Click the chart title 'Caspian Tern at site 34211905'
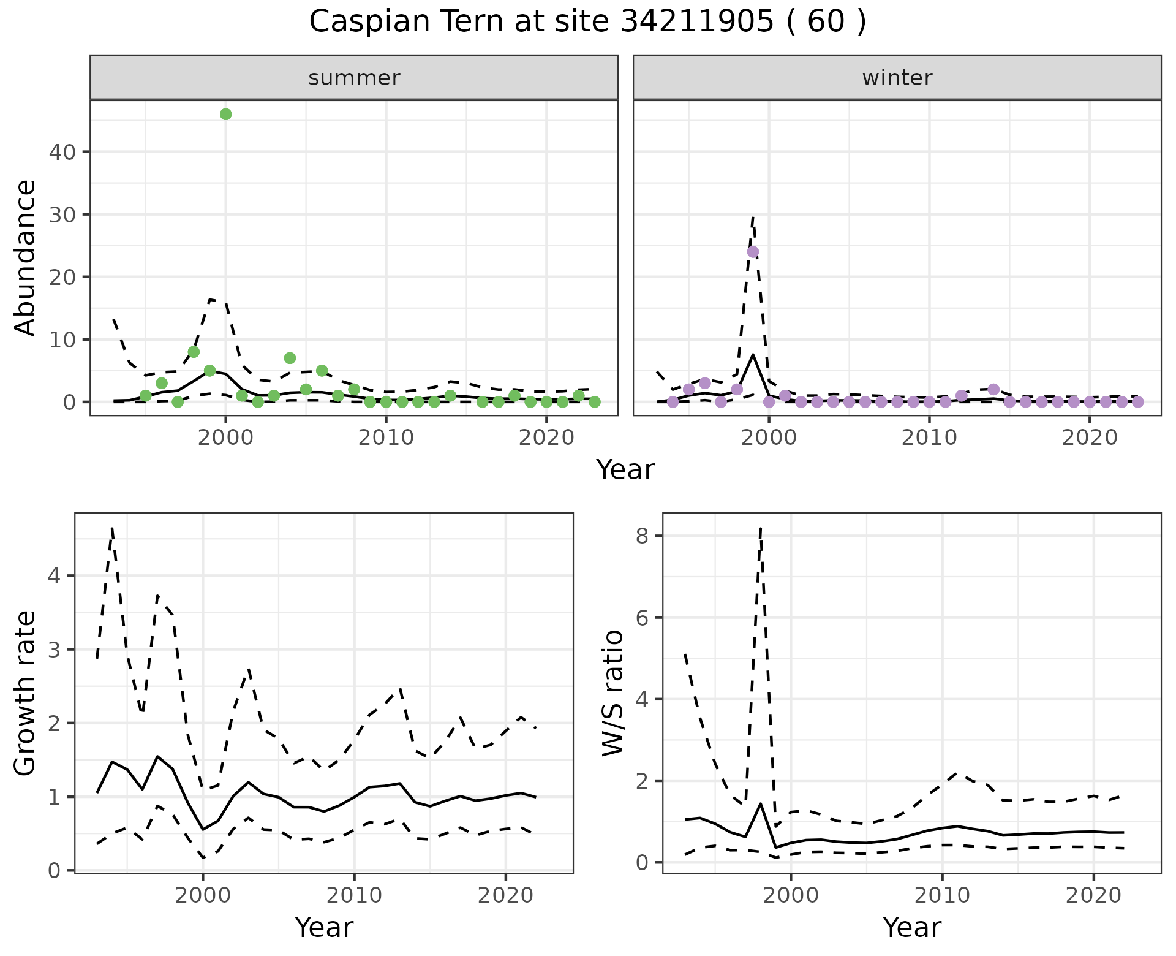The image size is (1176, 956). pyautogui.click(x=587, y=22)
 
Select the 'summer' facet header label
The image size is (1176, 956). pyautogui.click(x=354, y=78)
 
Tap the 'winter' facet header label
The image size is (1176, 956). pyautogui.click(x=897, y=78)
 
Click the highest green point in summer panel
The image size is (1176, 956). pyautogui.click(x=225, y=114)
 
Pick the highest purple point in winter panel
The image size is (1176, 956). pyautogui.click(x=753, y=252)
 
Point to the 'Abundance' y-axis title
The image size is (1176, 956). pyautogui.click(x=26, y=257)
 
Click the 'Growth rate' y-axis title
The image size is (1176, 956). pyautogui.click(x=26, y=693)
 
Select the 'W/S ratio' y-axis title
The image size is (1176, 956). pyautogui.click(x=613, y=693)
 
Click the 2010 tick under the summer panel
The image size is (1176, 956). pyautogui.click(x=386, y=438)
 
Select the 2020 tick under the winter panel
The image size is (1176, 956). pyautogui.click(x=1090, y=438)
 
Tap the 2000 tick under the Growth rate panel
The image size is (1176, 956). pyautogui.click(x=202, y=895)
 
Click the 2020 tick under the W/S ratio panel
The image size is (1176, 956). pyautogui.click(x=1093, y=895)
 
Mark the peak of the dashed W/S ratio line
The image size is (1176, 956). pyautogui.click(x=760, y=528)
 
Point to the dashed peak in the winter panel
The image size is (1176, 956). pyautogui.click(x=753, y=216)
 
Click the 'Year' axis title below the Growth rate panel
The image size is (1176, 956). pyautogui.click(x=324, y=927)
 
